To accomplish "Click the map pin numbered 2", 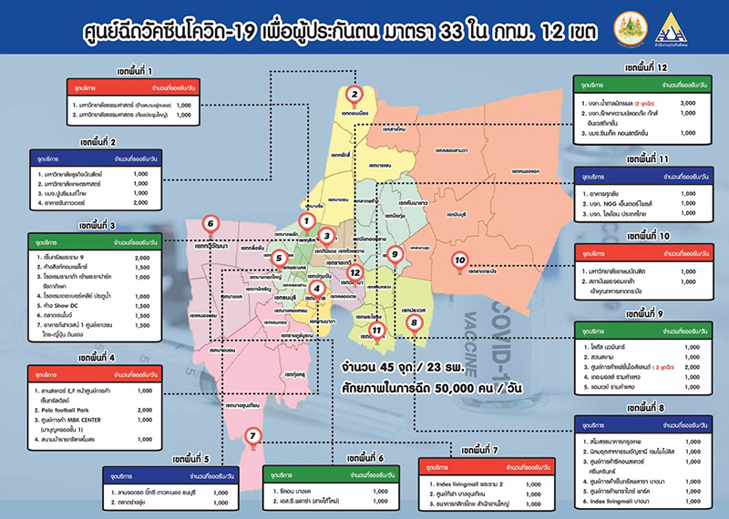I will click(x=355, y=93).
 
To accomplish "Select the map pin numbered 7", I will click(x=253, y=438).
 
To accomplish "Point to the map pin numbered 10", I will click(x=460, y=259).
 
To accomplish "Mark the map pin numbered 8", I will click(x=414, y=322).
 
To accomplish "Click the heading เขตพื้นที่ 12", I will click(x=647, y=68).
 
